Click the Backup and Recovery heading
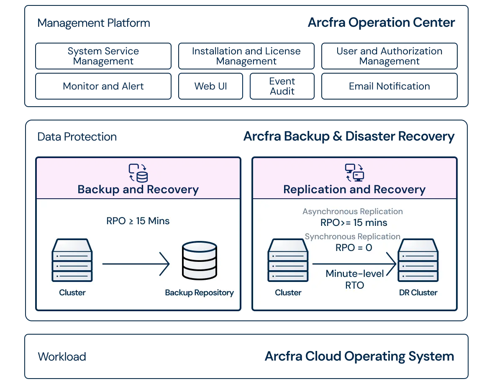point(138,189)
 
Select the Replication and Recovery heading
point(354,189)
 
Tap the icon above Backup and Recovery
point(138,173)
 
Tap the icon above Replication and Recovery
point(354,173)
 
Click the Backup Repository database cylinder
point(200,261)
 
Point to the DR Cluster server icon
point(418,260)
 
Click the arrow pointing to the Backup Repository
point(136,264)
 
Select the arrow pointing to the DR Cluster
point(354,264)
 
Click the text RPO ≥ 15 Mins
point(138,221)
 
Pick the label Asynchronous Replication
point(353,212)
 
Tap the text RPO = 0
point(354,248)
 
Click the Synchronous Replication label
point(353,237)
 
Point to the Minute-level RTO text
point(355,279)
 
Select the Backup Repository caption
point(200,293)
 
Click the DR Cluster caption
point(418,293)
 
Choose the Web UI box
point(211,86)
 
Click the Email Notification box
point(389,86)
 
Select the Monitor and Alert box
point(103,86)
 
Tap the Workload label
point(62,356)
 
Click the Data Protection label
point(77,136)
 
